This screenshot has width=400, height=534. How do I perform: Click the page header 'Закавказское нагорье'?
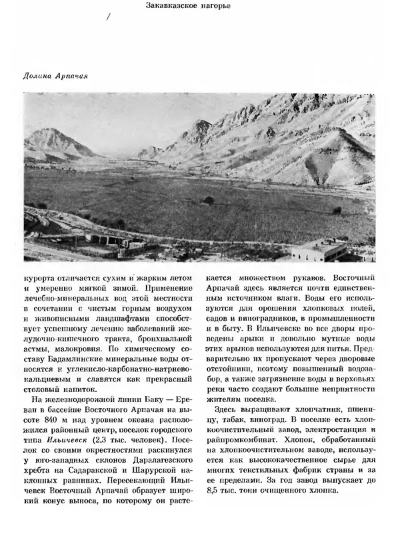pos(199,7)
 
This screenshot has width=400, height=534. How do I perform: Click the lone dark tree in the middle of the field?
pos(209,200)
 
